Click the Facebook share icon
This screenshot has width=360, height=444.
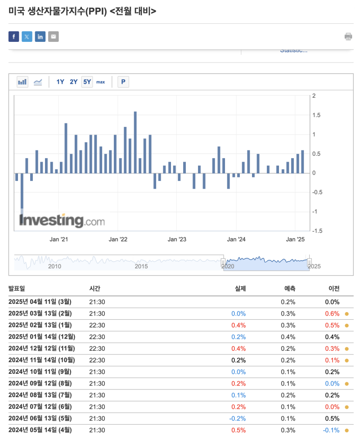[x=14, y=36]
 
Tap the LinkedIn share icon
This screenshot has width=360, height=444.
[x=40, y=36]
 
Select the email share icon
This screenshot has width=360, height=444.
[x=54, y=36]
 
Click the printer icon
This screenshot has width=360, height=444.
[x=348, y=36]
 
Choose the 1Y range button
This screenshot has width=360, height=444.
[x=60, y=82]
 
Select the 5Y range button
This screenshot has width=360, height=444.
[x=87, y=82]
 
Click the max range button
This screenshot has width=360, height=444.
[x=100, y=82]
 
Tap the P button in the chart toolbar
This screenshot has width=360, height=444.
[x=123, y=82]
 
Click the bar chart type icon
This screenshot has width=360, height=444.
[x=22, y=82]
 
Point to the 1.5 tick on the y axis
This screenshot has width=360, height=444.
[x=317, y=115]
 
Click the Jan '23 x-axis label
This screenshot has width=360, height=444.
[x=177, y=240]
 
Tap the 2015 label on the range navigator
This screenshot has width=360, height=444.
[x=141, y=266]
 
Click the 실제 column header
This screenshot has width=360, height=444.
[x=240, y=289]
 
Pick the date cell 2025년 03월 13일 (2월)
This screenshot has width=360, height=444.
[x=40, y=313]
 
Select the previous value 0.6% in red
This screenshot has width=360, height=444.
[x=333, y=313]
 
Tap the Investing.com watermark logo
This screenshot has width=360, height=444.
[x=62, y=221]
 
